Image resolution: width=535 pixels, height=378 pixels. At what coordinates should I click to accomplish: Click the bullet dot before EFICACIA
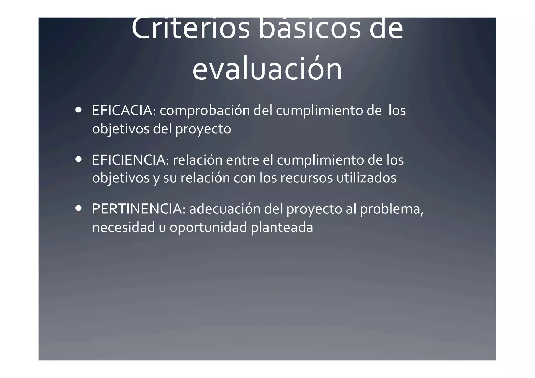[x=78, y=110]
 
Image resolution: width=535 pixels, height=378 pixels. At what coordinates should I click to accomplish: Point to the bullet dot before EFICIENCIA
[x=78, y=159]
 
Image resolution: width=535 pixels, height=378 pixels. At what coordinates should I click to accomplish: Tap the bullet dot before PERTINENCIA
[x=78, y=208]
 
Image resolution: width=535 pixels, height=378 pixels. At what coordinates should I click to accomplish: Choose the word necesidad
[x=124, y=227]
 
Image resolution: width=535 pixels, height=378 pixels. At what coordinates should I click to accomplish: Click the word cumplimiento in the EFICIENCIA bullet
[x=320, y=160]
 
